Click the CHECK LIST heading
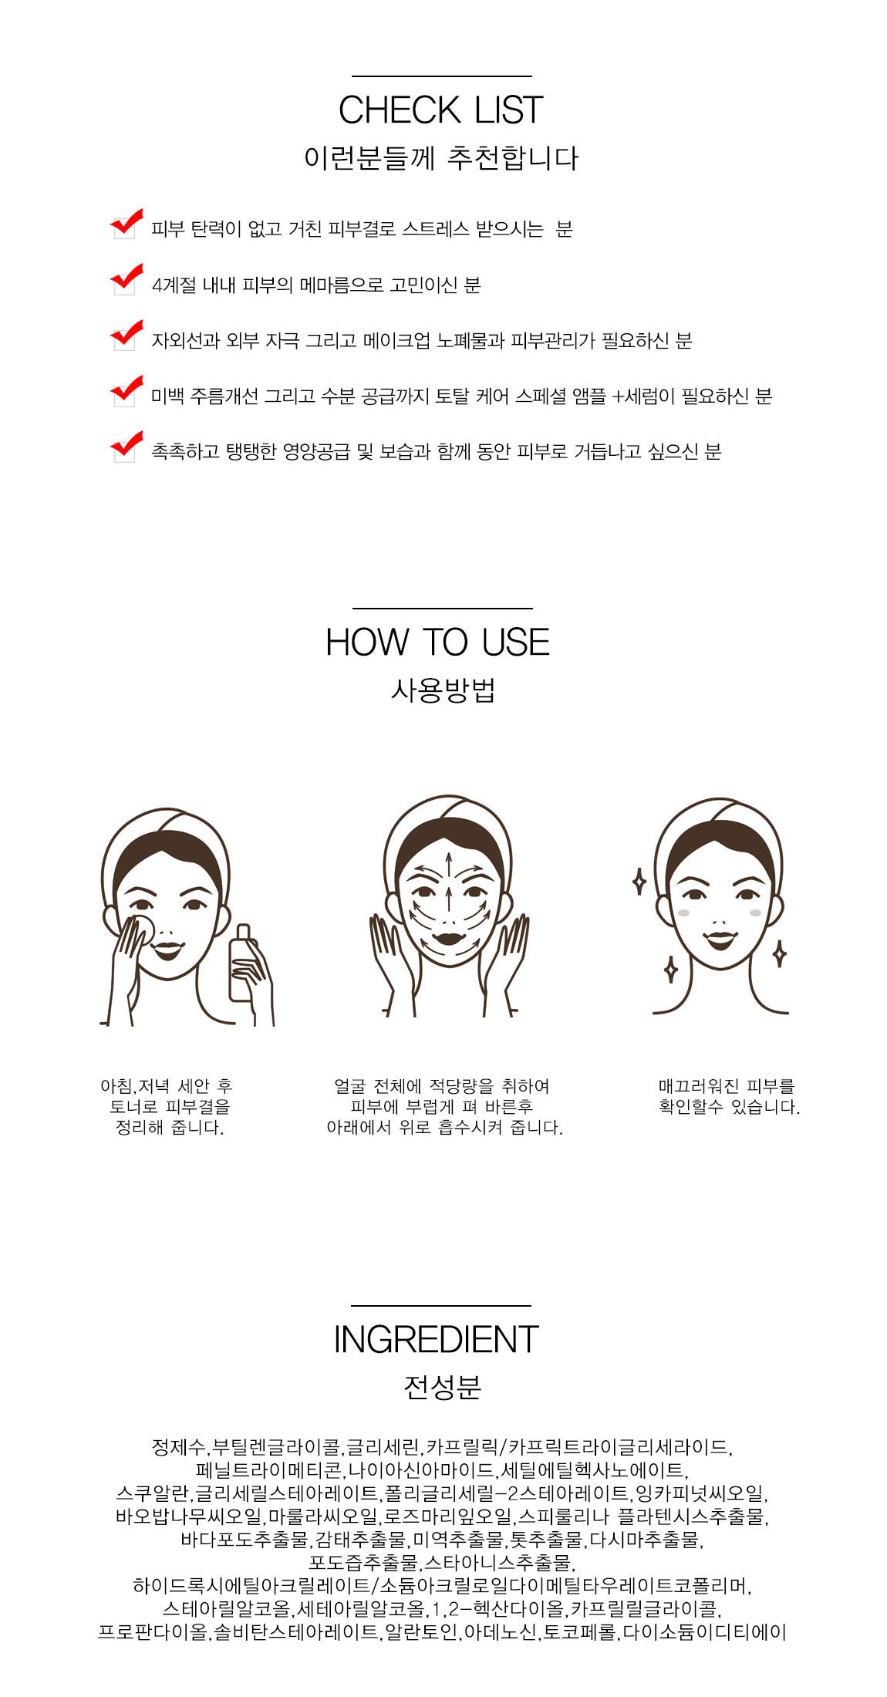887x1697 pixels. coord(440,110)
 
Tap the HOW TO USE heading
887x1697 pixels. coord(437,643)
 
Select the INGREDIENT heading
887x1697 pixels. coord(436,1340)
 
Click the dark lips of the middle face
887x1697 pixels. coord(448,940)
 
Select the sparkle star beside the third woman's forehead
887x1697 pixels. coord(639,881)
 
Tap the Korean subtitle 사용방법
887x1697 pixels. coord(442,689)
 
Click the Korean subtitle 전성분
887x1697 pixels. coord(442,1387)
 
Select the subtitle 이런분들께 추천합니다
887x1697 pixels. coord(441,158)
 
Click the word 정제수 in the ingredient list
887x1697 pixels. coord(179,1446)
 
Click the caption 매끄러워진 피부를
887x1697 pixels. coord(727,1086)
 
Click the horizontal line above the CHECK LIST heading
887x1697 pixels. coord(442,76)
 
